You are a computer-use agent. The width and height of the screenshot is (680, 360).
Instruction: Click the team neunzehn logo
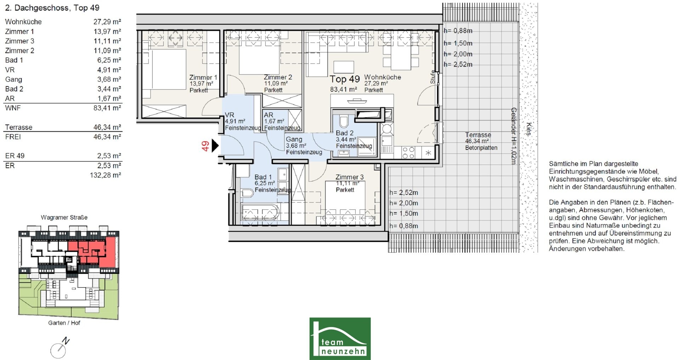point(340,338)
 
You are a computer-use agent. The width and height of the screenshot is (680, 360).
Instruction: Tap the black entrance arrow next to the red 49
point(215,145)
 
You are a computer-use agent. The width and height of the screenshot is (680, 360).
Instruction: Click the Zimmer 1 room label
point(203,77)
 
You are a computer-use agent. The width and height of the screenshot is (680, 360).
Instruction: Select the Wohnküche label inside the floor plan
point(382,77)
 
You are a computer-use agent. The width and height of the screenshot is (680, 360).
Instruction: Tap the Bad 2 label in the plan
point(345,133)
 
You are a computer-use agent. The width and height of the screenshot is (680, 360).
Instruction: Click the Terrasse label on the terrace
point(478,135)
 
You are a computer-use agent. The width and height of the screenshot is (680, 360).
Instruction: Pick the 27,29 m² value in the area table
point(107,22)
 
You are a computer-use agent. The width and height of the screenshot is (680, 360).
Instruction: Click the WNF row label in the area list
point(13,108)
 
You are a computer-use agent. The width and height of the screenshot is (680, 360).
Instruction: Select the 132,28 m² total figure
point(106,175)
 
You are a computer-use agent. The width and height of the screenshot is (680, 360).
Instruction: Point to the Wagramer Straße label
point(64,217)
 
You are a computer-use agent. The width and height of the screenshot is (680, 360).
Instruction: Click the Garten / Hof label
point(64,323)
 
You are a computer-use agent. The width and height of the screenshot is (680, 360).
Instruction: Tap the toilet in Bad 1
point(247,193)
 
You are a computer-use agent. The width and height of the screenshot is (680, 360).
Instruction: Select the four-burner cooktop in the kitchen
point(408,153)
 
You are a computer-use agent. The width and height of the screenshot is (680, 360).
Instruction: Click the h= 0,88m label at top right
point(458,31)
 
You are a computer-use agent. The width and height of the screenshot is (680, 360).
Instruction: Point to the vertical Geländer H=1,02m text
point(513,136)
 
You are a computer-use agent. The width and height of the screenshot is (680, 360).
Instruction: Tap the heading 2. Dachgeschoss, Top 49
point(52,8)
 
